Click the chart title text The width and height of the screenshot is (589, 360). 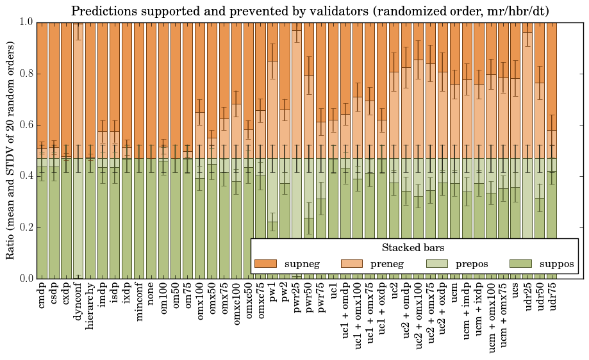coord(310,11)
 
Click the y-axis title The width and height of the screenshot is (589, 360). coord(11,150)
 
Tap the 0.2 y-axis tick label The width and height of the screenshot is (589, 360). coord(26,227)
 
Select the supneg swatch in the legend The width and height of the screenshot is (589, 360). coord(265,264)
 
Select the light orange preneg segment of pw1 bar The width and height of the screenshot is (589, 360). coord(273,109)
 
